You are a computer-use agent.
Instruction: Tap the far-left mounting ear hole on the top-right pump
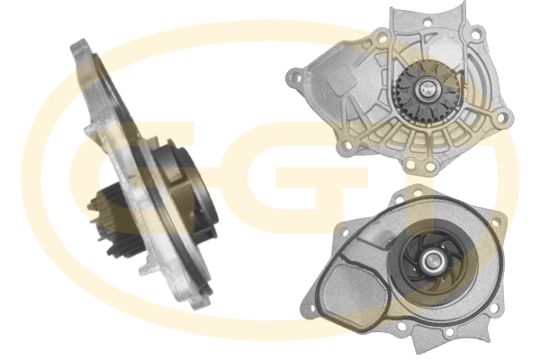coord(294,75)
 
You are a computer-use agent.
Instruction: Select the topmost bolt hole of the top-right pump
coord(427,23)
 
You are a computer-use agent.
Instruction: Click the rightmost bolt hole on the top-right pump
coord(501,118)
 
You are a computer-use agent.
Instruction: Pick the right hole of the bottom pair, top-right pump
coord(429,166)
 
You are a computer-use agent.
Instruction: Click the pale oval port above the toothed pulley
coord(445,51)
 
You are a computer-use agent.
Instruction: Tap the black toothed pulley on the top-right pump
coord(427,91)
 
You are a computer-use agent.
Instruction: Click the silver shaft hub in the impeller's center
coord(431,261)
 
